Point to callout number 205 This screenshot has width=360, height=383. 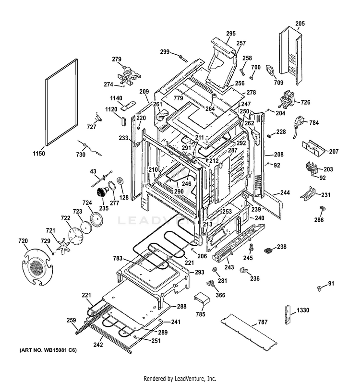(x=300, y=23)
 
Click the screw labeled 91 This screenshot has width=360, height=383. (x=319, y=287)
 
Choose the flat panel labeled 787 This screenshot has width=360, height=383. (x=249, y=330)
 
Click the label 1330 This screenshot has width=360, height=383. (x=303, y=311)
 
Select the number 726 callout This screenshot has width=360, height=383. (x=305, y=102)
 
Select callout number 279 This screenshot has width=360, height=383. (x=117, y=59)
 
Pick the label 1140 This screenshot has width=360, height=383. (x=116, y=98)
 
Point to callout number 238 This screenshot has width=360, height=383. (x=281, y=247)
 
